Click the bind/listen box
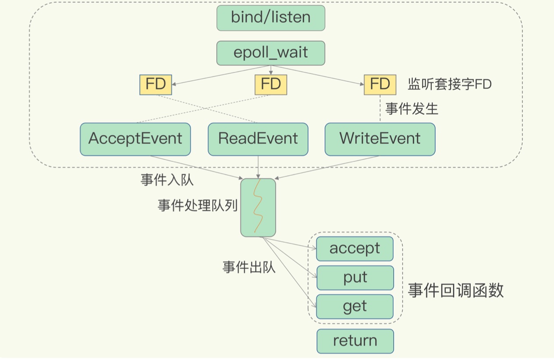pyautogui.click(x=271, y=18)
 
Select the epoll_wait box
pyautogui.click(x=271, y=53)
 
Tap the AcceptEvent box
pyautogui.click(x=135, y=139)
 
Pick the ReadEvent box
pyautogui.click(x=258, y=139)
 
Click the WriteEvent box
pyautogui.click(x=380, y=139)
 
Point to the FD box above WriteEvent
pyautogui.click(x=380, y=84)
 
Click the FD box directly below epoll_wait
pyautogui.click(x=271, y=84)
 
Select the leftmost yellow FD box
pyautogui.click(x=156, y=84)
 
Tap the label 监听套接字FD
pyautogui.click(x=449, y=84)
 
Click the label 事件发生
pyautogui.click(x=412, y=109)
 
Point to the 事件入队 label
pyautogui.click(x=167, y=179)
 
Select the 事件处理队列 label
pyautogui.click(x=198, y=205)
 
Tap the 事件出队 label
pyautogui.click(x=249, y=267)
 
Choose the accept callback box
pyautogui.click(x=355, y=248)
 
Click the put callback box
pyautogui.click(x=355, y=277)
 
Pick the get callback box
pyautogui.click(x=355, y=306)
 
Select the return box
pyautogui.click(x=355, y=341)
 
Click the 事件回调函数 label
pyautogui.click(x=456, y=290)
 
